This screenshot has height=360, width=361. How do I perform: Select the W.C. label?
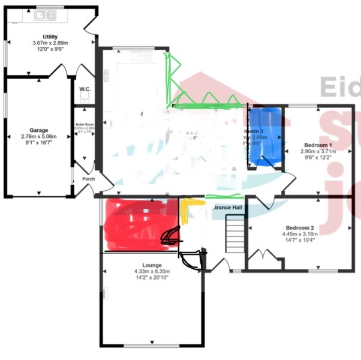[x=85, y=89]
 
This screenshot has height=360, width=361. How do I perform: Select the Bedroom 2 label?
[x=299, y=228]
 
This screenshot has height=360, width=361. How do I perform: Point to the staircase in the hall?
[x=234, y=235]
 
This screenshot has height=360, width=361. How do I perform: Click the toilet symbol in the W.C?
[x=85, y=98]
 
